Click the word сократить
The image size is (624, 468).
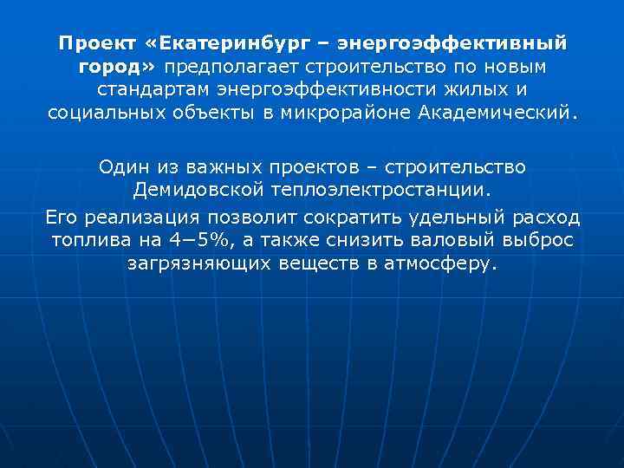pyautogui.click(x=313, y=216)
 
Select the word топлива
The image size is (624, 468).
pyautogui.click(x=85, y=240)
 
